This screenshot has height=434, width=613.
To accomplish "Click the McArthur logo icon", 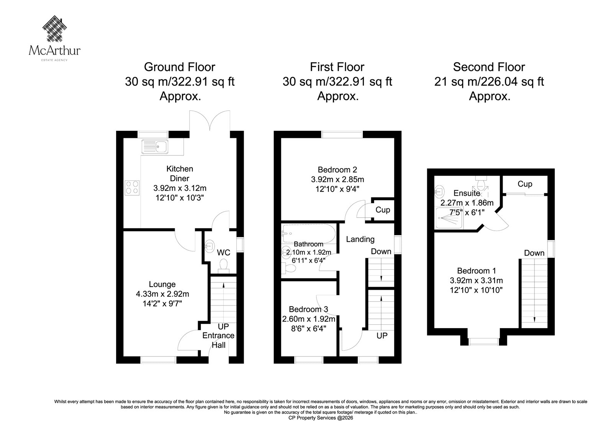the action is [x=55, y=28].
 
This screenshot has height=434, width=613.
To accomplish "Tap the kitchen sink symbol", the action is [x=155, y=147].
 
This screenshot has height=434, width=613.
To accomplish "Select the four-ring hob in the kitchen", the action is [x=132, y=188].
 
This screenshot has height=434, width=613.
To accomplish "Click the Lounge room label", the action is [x=162, y=284].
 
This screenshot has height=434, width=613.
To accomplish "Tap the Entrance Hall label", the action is [x=218, y=340].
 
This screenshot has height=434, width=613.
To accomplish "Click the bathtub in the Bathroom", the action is [x=309, y=233].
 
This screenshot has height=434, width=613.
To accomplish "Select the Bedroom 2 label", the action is [x=338, y=170].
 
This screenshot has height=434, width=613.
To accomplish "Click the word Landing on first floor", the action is [x=360, y=239].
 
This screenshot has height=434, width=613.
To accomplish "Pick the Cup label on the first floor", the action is [x=383, y=210].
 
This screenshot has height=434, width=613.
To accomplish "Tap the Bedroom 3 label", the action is [x=308, y=309].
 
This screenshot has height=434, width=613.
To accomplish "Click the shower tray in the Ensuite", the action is [x=449, y=218].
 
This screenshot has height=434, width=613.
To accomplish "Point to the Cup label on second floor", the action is [x=525, y=184].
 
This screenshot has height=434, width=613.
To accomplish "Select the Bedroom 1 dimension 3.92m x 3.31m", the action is [x=477, y=281].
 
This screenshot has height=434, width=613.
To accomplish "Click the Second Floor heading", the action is [x=489, y=67].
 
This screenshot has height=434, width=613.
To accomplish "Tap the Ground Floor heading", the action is [x=180, y=67].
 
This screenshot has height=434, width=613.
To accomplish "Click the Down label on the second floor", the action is [x=534, y=253].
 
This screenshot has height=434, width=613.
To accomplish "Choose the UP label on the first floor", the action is [x=382, y=336].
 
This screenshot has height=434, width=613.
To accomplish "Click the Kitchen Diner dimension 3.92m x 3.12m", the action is [x=180, y=188].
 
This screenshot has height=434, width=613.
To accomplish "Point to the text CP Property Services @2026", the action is [x=321, y=418].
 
